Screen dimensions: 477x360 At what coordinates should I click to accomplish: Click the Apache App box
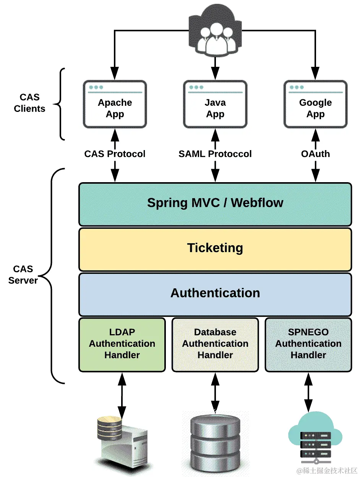[115, 104]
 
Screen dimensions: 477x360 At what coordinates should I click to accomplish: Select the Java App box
[215, 104]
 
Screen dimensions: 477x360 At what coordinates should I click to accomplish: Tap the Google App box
[315, 104]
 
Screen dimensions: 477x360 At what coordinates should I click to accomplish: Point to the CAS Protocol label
[115, 154]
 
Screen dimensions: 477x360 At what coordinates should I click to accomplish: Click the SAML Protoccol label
[215, 154]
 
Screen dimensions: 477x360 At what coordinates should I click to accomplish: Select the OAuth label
[315, 154]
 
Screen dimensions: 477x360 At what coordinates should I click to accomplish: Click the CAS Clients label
[29, 103]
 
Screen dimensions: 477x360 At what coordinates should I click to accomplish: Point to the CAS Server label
[23, 275]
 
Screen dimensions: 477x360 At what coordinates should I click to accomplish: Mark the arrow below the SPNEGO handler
[308, 393]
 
